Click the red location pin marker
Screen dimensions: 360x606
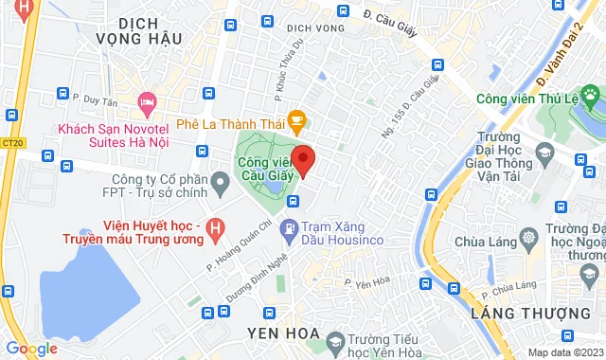302,159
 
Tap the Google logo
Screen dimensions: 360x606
31,348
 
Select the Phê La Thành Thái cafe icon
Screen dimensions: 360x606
297,119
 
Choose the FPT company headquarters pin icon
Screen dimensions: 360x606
220,180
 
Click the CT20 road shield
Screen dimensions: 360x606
13,143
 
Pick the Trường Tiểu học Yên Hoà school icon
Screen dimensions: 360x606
334,340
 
